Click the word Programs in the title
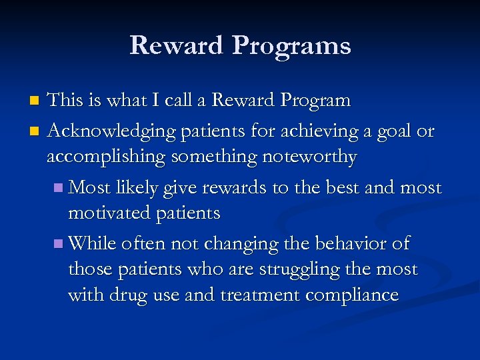291,46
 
